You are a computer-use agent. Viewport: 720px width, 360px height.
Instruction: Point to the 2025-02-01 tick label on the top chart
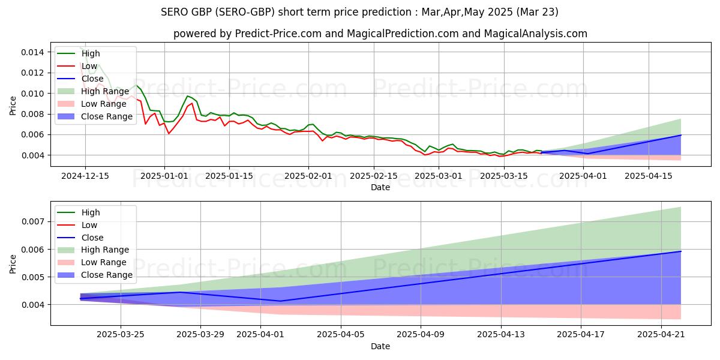point(308,176)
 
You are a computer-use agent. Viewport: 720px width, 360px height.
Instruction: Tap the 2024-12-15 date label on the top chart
point(85,176)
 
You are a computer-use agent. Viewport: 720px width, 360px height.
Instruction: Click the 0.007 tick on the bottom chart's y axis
point(34,221)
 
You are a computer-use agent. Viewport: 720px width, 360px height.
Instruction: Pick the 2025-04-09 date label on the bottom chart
point(421,335)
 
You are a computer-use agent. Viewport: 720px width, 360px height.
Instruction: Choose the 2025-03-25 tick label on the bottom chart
point(121,335)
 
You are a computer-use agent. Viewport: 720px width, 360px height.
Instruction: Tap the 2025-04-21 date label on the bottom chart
point(661,335)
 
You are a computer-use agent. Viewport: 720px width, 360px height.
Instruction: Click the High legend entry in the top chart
point(91,53)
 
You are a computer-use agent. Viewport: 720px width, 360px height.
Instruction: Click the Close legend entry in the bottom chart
point(92,238)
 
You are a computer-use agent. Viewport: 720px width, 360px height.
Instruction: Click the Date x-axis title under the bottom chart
point(380,346)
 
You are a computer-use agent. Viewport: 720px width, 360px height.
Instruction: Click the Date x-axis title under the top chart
point(380,187)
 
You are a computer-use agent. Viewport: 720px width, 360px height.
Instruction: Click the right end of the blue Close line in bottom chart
point(680,251)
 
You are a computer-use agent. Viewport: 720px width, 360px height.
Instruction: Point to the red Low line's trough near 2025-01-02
point(169,133)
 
